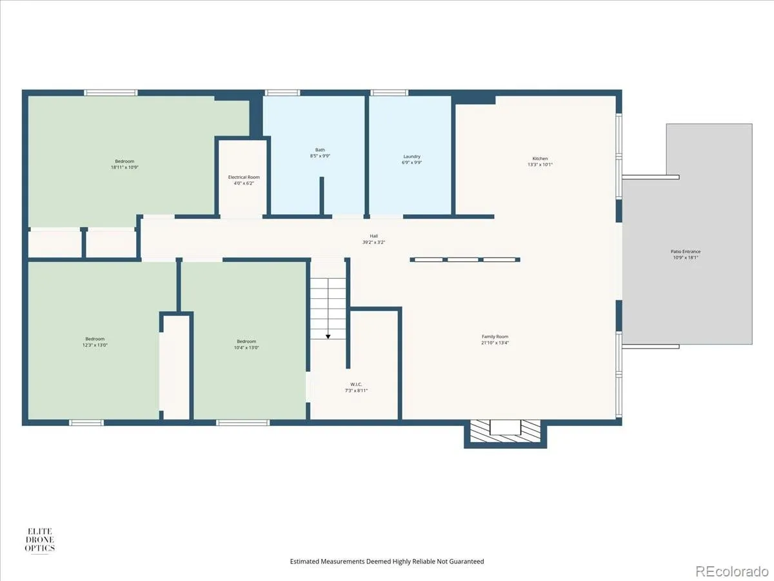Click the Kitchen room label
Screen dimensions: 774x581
tap(540, 159)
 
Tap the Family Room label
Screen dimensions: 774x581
tap(495, 336)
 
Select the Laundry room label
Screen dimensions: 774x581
tap(412, 156)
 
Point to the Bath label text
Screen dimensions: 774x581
tap(320, 150)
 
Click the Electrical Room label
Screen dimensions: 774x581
tap(244, 177)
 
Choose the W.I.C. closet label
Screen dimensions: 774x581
tap(356, 384)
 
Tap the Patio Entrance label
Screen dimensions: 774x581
tap(686, 252)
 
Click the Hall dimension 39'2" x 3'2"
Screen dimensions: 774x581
tap(373, 242)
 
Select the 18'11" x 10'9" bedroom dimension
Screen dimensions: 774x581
tap(124, 167)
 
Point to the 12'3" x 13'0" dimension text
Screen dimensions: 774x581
tap(95, 345)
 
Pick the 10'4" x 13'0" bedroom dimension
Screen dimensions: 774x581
tap(246, 347)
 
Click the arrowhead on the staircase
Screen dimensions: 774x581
tap(328, 337)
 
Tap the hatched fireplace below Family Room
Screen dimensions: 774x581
tap(505, 431)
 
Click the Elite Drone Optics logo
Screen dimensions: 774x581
tap(40, 540)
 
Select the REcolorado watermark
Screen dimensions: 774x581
tap(731, 571)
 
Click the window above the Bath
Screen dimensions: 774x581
tap(283, 93)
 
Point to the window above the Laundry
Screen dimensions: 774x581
tap(389, 93)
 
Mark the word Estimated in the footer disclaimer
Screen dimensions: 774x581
tap(304, 561)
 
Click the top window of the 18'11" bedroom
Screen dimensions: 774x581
tap(111, 93)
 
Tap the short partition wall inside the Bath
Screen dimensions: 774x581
tap(322, 196)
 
